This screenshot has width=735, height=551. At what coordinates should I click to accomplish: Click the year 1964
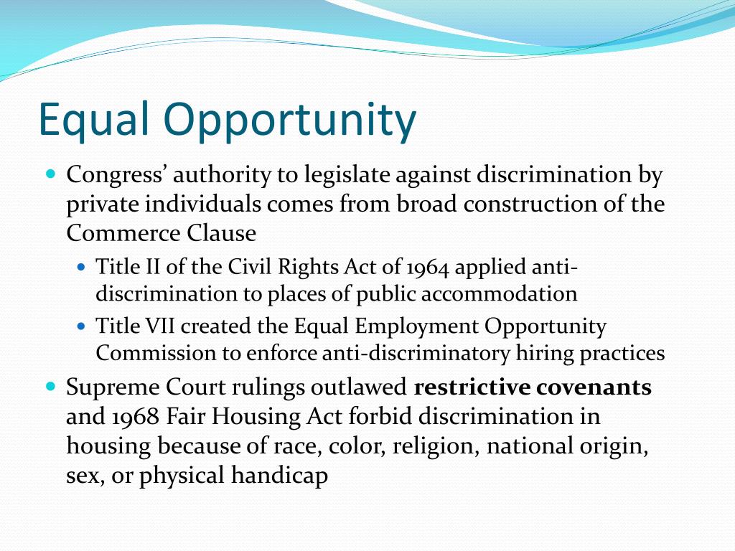(x=428, y=268)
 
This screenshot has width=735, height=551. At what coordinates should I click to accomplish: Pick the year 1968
(x=131, y=417)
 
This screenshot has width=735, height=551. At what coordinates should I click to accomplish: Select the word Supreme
(x=110, y=387)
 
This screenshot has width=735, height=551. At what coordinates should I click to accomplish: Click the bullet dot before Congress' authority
(x=50, y=174)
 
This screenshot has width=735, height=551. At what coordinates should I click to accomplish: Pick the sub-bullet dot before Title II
(x=81, y=268)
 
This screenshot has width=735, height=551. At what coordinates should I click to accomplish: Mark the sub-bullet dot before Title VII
(x=81, y=326)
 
